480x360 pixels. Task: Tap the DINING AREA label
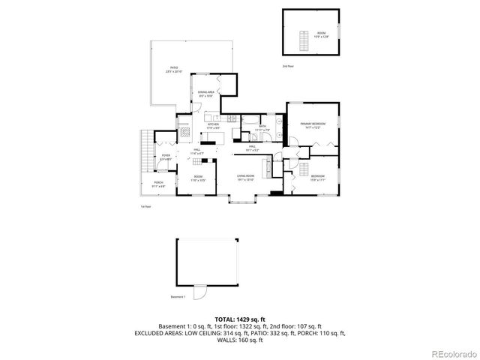point(207,93)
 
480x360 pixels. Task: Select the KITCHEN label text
point(213,126)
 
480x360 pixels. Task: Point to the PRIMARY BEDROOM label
point(311,124)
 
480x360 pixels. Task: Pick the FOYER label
point(166,156)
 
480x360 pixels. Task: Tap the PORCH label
point(158,184)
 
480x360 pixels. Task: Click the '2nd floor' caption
point(288,67)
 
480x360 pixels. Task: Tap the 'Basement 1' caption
point(178,297)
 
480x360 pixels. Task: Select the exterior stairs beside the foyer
point(146,151)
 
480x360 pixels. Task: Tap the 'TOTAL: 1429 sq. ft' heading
point(239,319)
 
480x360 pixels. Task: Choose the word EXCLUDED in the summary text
point(152,333)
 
